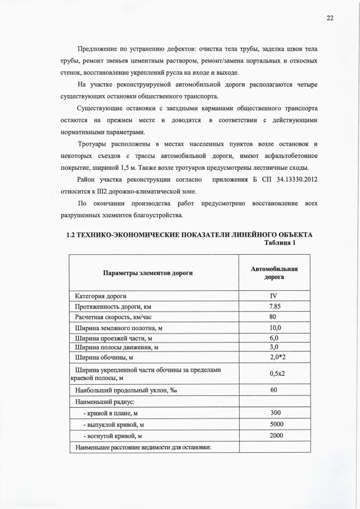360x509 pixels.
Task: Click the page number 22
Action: (x=330, y=17)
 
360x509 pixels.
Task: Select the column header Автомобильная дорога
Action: (x=274, y=273)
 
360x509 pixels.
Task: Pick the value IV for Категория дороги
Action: (x=274, y=296)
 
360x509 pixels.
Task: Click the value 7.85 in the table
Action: (x=274, y=306)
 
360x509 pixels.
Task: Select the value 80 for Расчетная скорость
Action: (x=274, y=317)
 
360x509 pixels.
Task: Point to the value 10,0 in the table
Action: (x=274, y=327)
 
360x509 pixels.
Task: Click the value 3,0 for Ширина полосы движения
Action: (x=274, y=347)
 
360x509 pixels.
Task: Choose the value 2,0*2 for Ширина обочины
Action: (x=274, y=357)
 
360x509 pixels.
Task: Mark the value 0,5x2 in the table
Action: (x=274, y=373)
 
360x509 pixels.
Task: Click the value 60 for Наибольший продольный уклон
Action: (x=274, y=390)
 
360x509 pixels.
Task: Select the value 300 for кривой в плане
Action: (x=274, y=413)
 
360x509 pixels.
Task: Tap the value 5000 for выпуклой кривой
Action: (x=274, y=425)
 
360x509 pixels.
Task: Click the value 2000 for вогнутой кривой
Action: (x=274, y=436)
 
